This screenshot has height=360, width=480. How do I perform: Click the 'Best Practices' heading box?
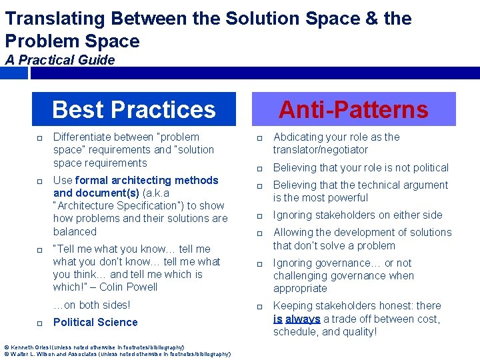click(134, 109)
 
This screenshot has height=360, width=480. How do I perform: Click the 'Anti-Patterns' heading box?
click(353, 109)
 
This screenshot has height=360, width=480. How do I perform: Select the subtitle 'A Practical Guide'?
click(60, 60)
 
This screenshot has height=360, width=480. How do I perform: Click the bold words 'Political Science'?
click(95, 322)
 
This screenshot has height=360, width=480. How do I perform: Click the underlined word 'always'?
click(303, 319)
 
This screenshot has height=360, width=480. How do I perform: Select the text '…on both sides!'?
click(91, 305)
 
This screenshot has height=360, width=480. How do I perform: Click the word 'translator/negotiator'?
click(320, 150)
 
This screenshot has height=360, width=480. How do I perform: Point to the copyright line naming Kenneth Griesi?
click(94, 347)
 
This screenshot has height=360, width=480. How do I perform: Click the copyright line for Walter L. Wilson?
click(117, 354)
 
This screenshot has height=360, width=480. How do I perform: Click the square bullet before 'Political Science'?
click(41, 323)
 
